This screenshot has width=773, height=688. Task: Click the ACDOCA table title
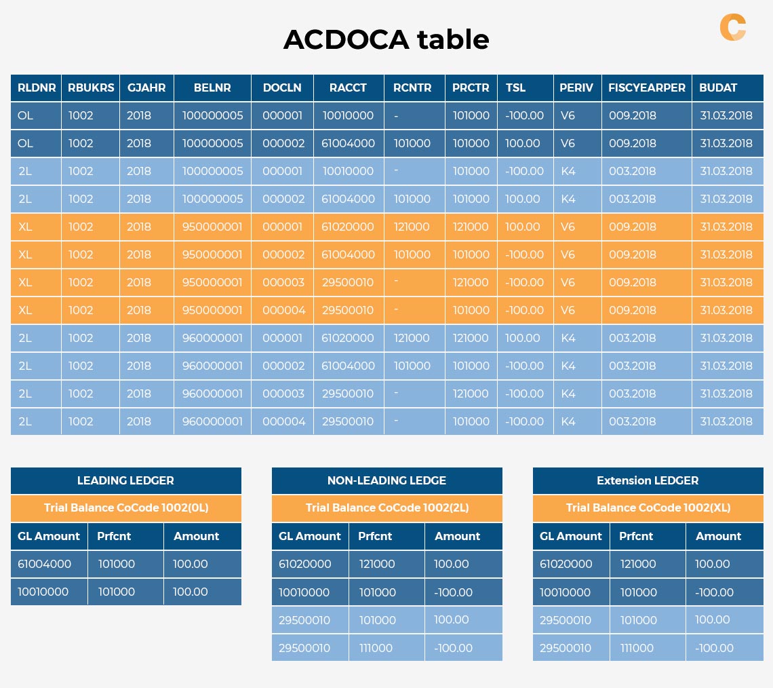[386, 40]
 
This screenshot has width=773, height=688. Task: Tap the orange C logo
[732, 27]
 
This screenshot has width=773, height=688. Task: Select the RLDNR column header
[36, 88]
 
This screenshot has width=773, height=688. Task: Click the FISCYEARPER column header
[646, 88]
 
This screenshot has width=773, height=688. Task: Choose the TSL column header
[515, 88]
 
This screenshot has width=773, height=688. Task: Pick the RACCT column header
[348, 88]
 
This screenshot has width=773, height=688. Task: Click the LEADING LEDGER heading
[125, 480]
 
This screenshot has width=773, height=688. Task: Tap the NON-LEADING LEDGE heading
[386, 480]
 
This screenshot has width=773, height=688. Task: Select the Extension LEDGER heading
[648, 480]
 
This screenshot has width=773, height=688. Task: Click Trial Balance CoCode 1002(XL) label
[648, 508]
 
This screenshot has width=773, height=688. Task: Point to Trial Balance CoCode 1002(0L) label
[125, 508]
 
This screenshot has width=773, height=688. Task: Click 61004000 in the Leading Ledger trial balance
[44, 564]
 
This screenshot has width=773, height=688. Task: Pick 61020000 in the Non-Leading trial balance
[305, 564]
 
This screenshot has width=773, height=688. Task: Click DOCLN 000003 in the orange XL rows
[283, 282]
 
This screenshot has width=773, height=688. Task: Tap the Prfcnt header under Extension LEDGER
[636, 536]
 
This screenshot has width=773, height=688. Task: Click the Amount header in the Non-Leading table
[457, 536]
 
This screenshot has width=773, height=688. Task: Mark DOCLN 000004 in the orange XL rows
[283, 310]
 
